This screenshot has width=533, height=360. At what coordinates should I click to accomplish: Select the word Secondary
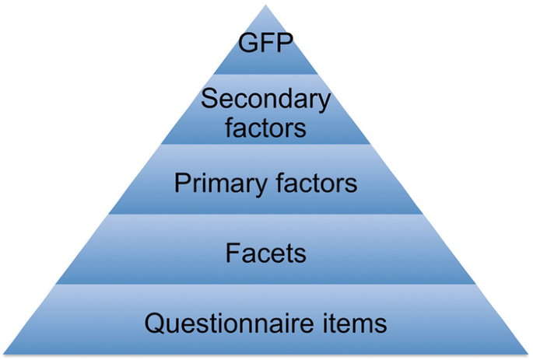(266, 100)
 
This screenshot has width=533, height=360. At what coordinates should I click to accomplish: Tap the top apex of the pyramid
(266, 5)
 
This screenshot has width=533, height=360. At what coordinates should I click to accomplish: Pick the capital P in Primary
(182, 184)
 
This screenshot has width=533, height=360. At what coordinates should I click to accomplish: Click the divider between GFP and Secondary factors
(266, 74)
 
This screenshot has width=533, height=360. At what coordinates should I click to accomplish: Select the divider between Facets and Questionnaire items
(266, 284)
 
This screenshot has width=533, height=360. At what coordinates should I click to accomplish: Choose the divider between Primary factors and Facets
(266, 214)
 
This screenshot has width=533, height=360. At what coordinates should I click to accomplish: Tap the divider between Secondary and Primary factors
(266, 144)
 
